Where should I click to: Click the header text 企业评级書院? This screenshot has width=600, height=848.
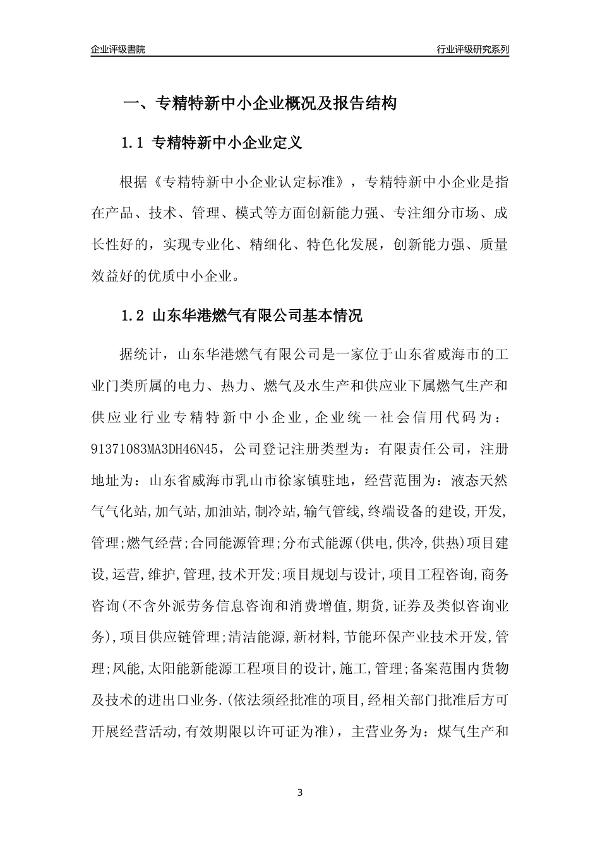[x=118, y=49]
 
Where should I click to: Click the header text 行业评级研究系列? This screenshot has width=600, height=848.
[x=472, y=49]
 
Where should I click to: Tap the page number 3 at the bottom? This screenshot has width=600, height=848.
[x=300, y=792]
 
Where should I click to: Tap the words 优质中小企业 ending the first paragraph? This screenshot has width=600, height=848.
[x=203, y=275]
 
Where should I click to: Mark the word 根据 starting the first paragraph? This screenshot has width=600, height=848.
[x=133, y=183]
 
